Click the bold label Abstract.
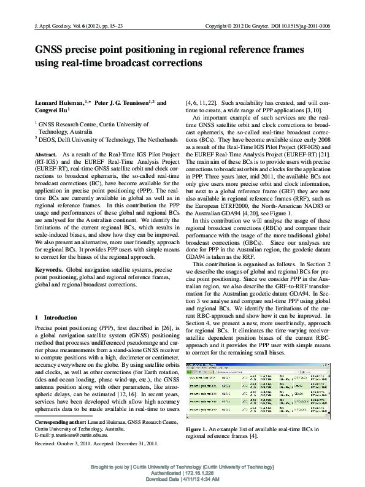tap(47, 155)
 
